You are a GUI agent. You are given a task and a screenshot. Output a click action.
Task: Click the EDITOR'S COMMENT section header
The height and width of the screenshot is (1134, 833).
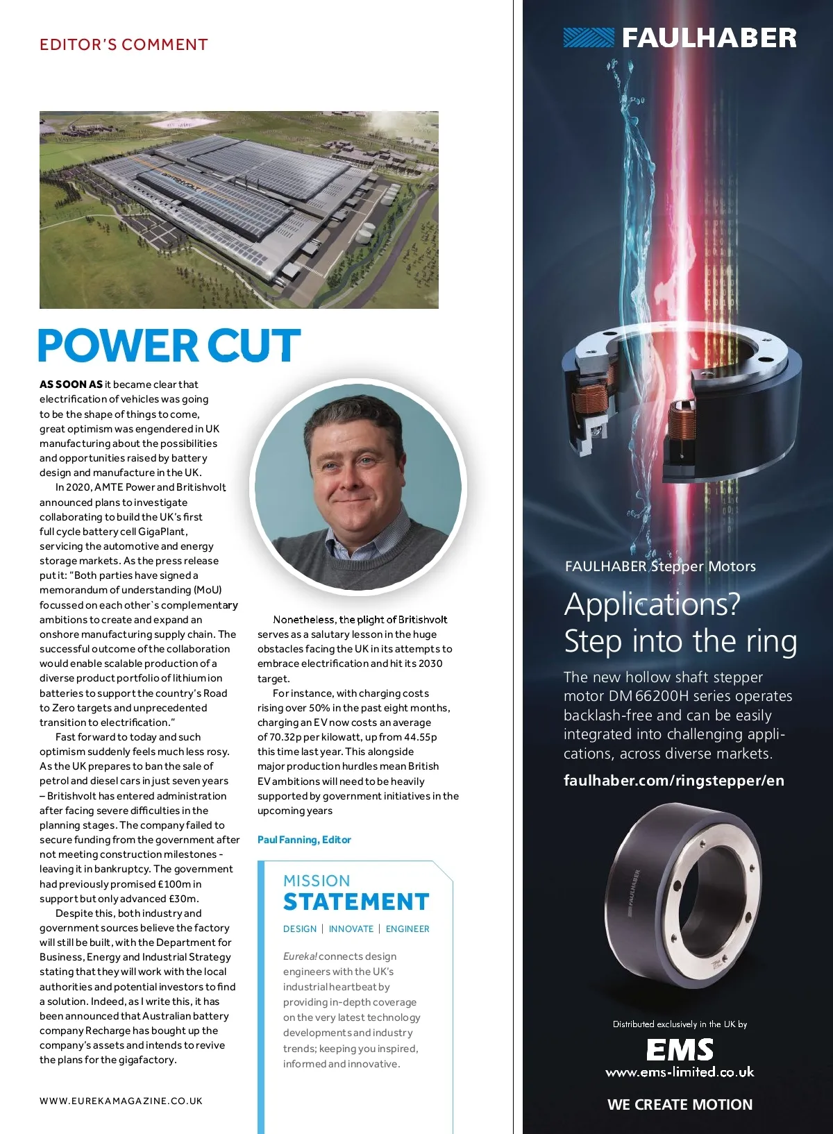tap(124, 45)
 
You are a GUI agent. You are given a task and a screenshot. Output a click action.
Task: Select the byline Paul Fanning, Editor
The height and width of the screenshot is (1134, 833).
tap(304, 840)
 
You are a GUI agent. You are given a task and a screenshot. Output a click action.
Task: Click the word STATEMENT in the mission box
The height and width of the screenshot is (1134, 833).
tap(356, 902)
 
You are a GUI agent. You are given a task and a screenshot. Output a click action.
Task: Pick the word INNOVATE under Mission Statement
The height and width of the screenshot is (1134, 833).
tap(351, 929)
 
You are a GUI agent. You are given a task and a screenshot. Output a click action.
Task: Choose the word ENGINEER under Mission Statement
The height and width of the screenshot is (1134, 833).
tap(407, 929)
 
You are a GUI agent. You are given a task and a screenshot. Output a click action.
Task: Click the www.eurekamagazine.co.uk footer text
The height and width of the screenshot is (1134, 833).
tap(121, 1101)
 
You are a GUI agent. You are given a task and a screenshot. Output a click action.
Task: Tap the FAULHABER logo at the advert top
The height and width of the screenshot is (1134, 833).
tap(680, 37)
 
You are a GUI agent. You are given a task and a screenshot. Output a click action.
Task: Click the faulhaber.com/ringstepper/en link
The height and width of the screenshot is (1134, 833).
tap(673, 781)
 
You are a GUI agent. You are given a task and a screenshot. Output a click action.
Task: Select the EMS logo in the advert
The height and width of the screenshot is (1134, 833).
tap(680, 1049)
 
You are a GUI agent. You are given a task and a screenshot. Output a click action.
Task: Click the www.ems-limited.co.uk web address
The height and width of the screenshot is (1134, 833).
tap(680, 1072)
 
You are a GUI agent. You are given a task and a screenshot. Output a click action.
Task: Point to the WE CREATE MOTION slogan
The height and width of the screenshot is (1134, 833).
tap(680, 1105)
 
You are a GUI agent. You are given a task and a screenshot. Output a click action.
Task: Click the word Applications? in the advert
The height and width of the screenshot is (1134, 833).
tap(653, 604)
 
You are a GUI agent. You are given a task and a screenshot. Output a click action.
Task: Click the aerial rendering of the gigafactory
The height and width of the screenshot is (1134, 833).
tap(239, 210)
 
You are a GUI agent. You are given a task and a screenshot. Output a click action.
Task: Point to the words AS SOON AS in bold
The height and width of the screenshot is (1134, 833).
tap(71, 384)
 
